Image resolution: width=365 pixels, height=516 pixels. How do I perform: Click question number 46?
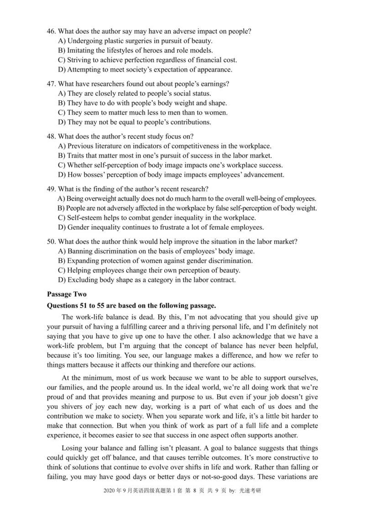52,31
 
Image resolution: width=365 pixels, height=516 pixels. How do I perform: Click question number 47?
52,84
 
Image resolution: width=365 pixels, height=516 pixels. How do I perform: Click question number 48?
52,136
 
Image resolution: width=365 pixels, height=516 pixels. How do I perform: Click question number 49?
52,189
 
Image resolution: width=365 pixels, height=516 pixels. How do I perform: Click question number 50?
52,242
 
